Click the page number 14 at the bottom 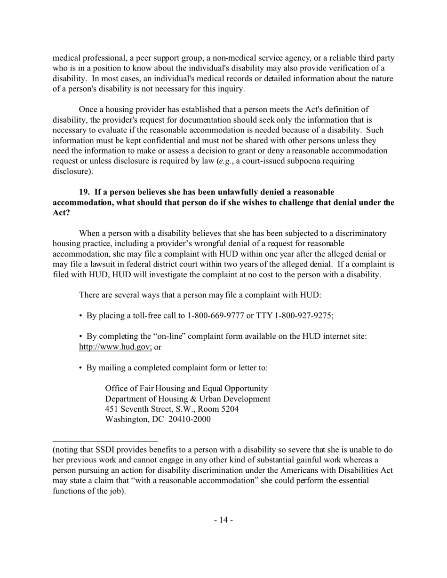223,520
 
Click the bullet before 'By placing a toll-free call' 81,316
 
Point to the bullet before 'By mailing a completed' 81,368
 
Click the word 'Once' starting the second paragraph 88,109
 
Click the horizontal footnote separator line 105,441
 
